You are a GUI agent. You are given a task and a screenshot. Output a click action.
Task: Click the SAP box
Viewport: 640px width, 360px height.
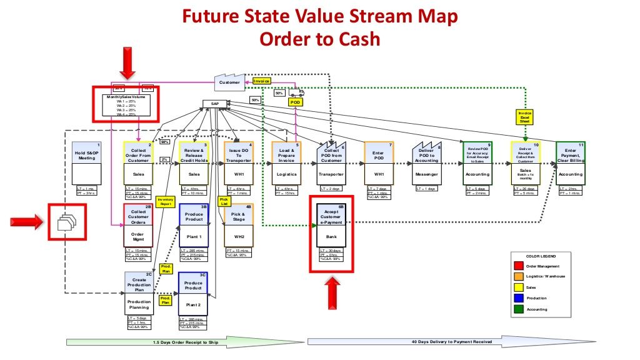pyautogui.click(x=214, y=104)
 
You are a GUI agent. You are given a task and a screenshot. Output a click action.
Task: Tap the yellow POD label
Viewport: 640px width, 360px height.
pyautogui.click(x=296, y=101)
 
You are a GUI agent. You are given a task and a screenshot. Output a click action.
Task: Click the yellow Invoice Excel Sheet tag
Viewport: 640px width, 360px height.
pyautogui.click(x=525, y=117)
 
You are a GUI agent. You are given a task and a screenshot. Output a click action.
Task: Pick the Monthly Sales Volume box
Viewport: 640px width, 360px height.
pyautogui.click(x=130, y=104)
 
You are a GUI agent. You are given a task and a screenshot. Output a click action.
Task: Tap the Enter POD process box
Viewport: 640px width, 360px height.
pyautogui.click(x=378, y=164)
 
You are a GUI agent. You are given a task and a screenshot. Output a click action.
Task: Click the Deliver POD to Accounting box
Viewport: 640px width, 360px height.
pyautogui.click(x=427, y=164)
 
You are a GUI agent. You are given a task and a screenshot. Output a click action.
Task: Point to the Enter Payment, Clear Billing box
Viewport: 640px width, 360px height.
pyautogui.click(x=570, y=164)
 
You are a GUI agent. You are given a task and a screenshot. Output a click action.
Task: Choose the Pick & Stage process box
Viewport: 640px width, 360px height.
pyautogui.click(x=239, y=226)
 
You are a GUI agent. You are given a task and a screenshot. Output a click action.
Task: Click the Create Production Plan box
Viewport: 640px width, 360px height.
pyautogui.click(x=140, y=294)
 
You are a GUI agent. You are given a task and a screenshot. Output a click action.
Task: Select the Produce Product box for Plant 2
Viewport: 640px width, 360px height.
pyautogui.click(x=194, y=294)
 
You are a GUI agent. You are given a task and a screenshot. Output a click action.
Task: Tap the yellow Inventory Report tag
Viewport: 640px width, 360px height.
pyautogui.click(x=165, y=202)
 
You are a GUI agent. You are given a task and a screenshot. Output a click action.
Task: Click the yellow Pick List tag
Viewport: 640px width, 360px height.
pyautogui.click(x=224, y=202)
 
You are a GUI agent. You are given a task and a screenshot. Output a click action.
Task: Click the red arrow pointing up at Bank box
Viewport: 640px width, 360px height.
pyautogui.click(x=332, y=292)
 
